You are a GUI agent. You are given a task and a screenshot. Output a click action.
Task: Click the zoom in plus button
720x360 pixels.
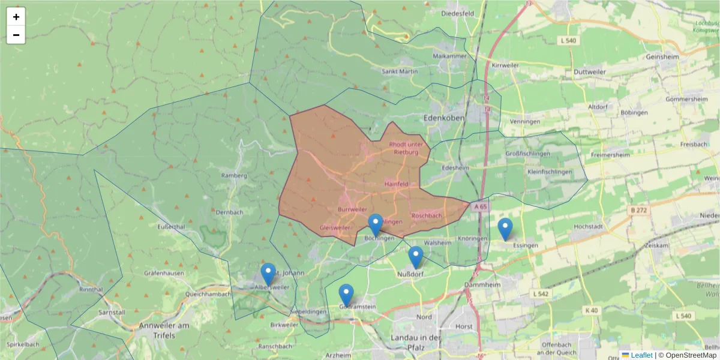click(16, 17)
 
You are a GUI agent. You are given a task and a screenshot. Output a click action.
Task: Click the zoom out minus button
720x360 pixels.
click(16, 35)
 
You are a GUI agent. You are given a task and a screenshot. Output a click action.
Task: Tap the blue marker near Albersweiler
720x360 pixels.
click(268, 274)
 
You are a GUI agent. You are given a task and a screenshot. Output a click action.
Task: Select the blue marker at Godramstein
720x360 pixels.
click(346, 295)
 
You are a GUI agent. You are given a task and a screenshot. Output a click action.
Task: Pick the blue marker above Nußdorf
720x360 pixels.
click(415, 257)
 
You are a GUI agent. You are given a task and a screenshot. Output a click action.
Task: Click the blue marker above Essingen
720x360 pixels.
click(505, 229)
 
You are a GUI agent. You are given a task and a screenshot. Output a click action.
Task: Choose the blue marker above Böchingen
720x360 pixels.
click(375, 224)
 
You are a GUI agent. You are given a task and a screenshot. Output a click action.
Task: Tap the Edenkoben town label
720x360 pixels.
click(444, 118)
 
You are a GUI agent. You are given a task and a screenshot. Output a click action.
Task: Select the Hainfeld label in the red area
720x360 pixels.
click(396, 184)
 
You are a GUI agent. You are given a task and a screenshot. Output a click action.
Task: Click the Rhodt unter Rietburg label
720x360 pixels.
click(406, 148)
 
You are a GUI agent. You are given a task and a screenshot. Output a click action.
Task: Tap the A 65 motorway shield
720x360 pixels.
click(480, 206)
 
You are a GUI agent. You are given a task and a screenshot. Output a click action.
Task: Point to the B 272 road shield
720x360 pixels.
click(641, 210)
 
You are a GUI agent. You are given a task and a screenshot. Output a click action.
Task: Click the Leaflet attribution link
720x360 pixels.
click(641, 355)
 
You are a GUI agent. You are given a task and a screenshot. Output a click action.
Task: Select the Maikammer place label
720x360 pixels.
click(445, 56)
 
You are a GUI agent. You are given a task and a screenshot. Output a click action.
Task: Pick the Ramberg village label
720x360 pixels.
click(234, 176)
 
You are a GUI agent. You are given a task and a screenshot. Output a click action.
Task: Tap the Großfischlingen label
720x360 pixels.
click(528, 154)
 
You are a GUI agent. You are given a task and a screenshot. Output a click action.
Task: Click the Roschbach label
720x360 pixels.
click(427, 215)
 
